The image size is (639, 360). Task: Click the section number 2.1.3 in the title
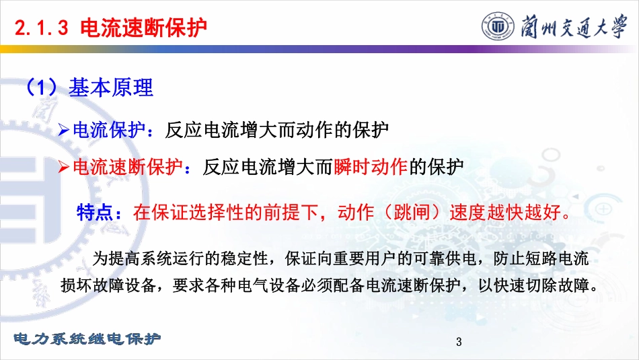point(41,28)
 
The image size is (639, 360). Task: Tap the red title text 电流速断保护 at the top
point(143,28)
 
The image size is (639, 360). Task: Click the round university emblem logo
point(498,26)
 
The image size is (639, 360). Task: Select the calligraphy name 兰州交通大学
point(573,26)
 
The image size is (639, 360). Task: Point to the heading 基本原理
point(111,87)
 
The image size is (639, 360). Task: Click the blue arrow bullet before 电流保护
point(64,130)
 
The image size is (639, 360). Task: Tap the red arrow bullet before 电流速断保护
point(64,167)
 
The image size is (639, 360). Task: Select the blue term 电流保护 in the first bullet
point(109,130)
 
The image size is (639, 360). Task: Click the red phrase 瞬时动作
point(371,166)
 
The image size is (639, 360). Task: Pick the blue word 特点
point(95,213)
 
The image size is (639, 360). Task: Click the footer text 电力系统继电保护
point(87,338)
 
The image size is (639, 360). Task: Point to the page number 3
point(459,342)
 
